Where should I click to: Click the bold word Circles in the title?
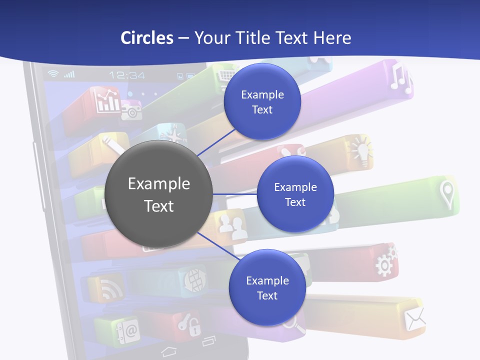[146, 38]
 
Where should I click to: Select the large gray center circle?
[158, 194]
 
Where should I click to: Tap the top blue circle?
[262, 101]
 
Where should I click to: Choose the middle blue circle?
[295, 194]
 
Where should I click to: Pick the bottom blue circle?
[267, 287]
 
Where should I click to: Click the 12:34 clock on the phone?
[127, 75]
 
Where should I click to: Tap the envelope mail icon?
[415, 319]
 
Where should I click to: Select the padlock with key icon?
[191, 324]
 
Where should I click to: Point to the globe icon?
[195, 279]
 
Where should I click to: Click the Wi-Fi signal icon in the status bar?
[53, 74]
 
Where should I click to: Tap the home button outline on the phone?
[169, 351]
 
